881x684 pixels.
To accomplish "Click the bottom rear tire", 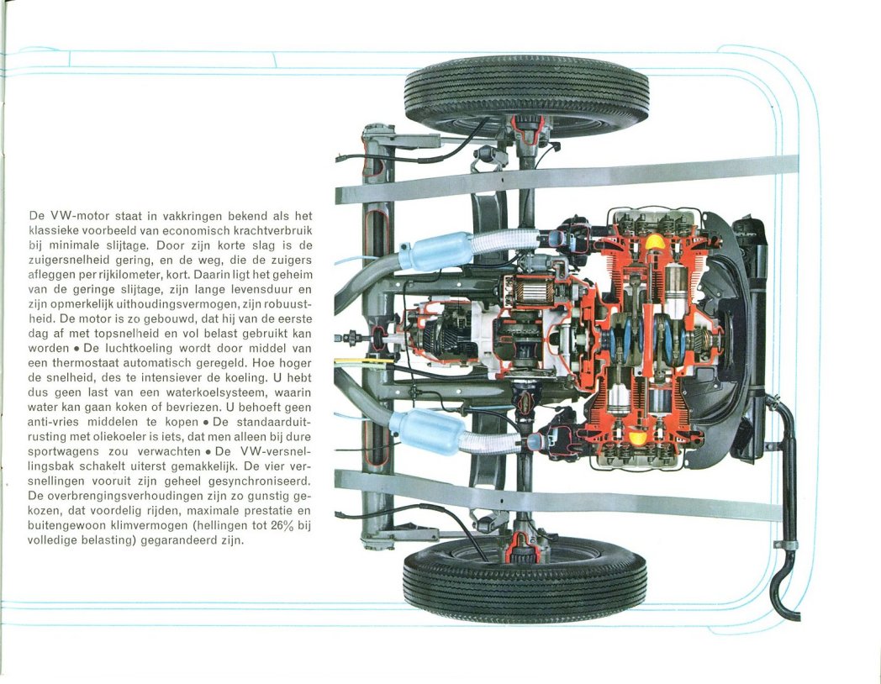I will [x=525, y=579].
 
